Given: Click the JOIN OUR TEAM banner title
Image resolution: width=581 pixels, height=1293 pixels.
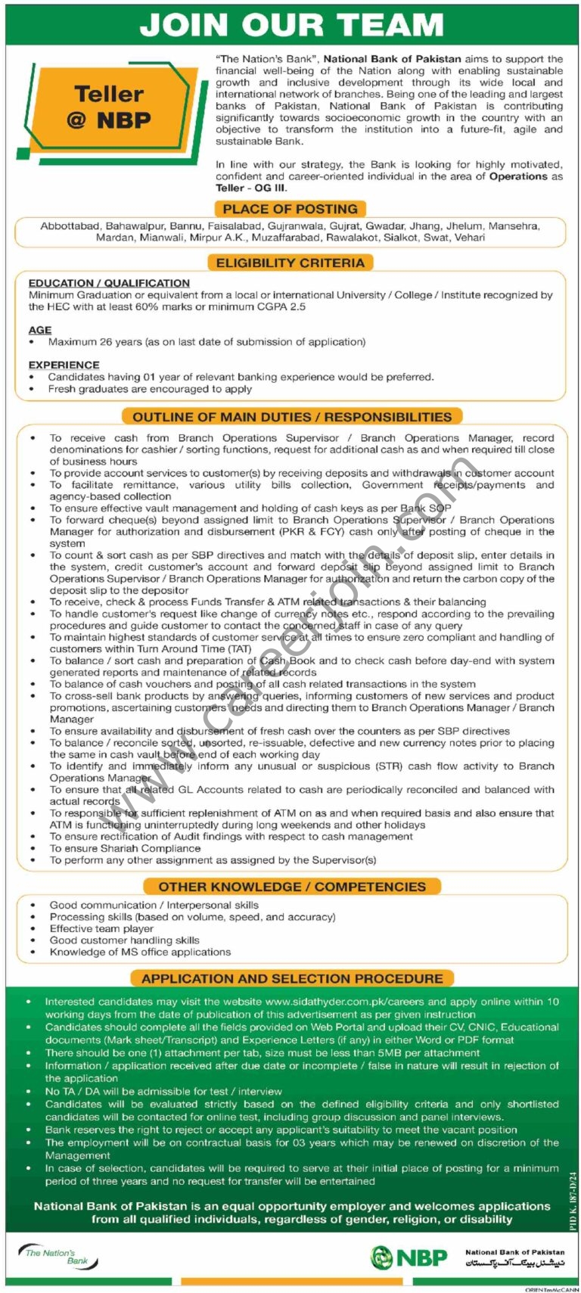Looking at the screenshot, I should tap(291, 25).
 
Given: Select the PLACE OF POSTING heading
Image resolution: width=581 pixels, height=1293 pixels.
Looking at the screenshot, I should tap(290, 209).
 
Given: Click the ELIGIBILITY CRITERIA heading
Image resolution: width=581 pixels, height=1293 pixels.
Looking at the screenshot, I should tap(290, 263).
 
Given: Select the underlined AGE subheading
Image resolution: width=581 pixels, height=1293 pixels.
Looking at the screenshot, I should tap(40, 330).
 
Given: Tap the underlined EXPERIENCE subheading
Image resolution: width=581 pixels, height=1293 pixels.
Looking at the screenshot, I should tap(64, 365).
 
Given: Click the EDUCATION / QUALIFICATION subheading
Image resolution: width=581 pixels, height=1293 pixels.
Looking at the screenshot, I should tap(109, 283).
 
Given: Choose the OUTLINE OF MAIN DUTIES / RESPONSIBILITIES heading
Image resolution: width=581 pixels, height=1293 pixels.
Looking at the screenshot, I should tap(291, 417).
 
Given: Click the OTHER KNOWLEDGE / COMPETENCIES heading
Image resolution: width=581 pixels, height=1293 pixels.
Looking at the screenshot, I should tap(292, 887).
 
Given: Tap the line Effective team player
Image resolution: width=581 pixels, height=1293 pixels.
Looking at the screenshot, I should tap(101, 928).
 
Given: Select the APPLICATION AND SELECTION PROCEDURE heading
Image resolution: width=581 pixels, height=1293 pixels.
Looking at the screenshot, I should tap(292, 978).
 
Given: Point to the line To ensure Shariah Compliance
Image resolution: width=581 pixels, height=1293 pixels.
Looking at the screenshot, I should tap(125, 848).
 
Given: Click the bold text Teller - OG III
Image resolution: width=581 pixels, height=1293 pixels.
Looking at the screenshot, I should tap(251, 188).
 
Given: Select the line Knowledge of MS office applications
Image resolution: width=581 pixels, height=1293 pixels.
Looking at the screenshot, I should tap(140, 952).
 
